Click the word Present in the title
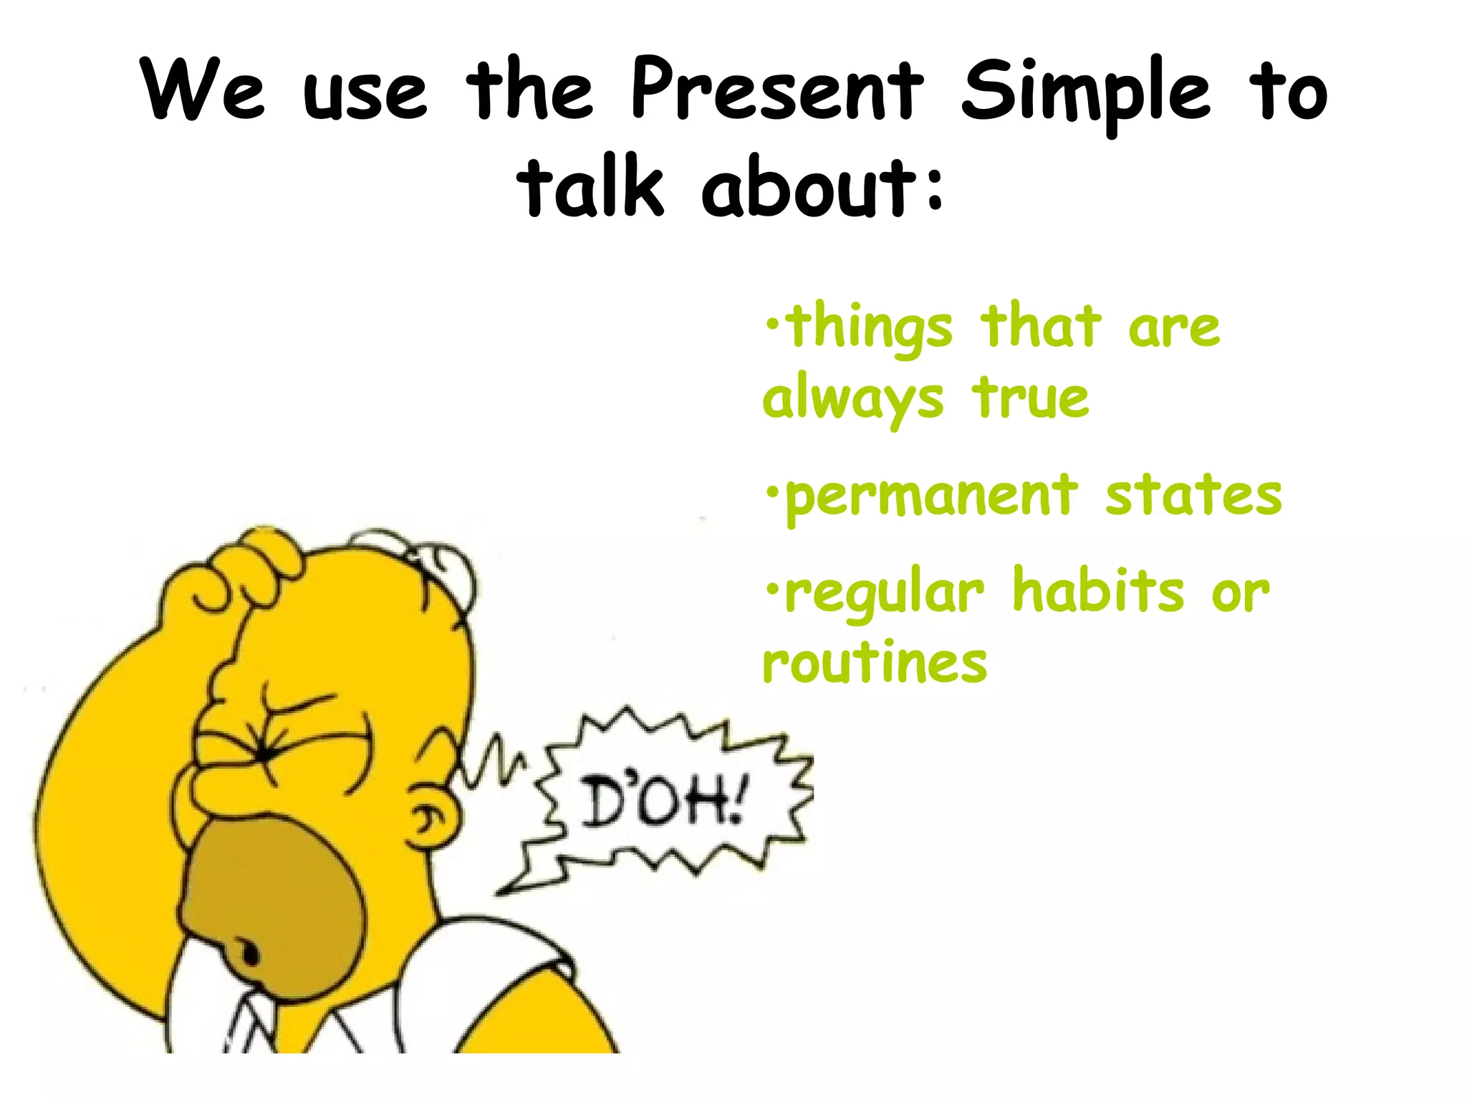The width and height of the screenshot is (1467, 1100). tap(776, 91)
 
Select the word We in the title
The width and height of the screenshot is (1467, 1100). tap(203, 91)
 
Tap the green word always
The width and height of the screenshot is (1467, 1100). tap(852, 400)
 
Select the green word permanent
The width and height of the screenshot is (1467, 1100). tap(931, 496)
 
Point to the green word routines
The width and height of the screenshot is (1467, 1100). tap(875, 662)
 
